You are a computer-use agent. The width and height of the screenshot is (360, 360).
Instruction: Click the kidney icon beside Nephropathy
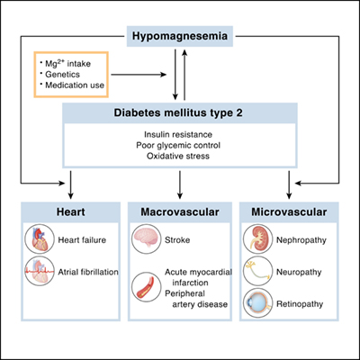(259, 241)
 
